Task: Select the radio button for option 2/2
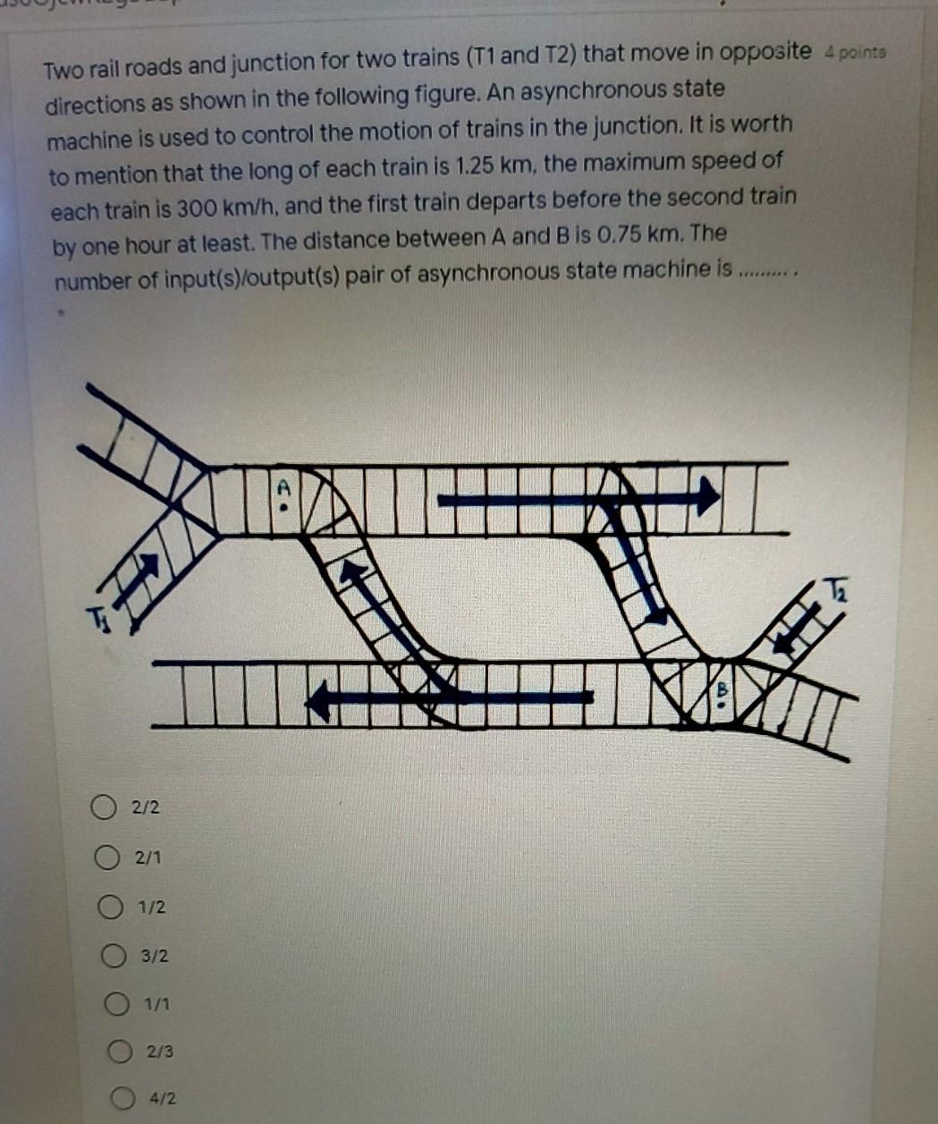point(103,807)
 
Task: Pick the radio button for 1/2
point(111,907)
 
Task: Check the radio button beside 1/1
point(118,1004)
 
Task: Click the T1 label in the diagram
point(97,617)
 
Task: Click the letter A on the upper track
point(284,489)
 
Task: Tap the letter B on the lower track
point(723,689)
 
